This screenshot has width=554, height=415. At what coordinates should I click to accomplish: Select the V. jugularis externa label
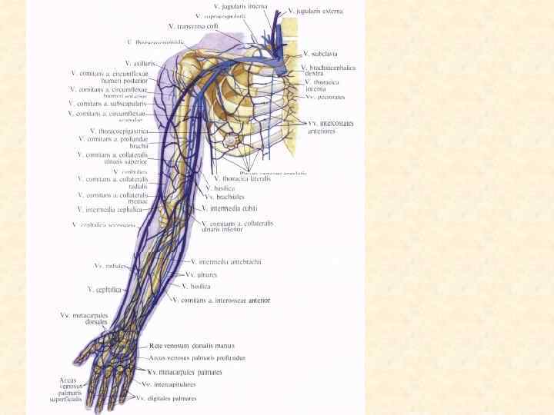(315, 12)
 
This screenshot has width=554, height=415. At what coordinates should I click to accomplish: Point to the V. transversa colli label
(193, 26)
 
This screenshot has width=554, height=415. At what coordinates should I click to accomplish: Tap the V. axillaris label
(140, 63)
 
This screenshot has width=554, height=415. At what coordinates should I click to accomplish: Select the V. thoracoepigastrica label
(118, 131)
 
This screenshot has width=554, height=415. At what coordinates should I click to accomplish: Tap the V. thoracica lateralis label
(242, 178)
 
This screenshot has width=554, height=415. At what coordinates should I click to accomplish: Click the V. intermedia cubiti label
(229, 208)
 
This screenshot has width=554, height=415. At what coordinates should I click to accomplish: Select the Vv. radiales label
(109, 266)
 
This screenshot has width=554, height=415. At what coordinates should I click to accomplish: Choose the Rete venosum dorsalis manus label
(192, 346)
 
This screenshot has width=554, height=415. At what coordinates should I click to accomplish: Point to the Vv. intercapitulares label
(169, 384)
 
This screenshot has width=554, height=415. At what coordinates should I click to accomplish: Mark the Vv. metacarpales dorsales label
(84, 319)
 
